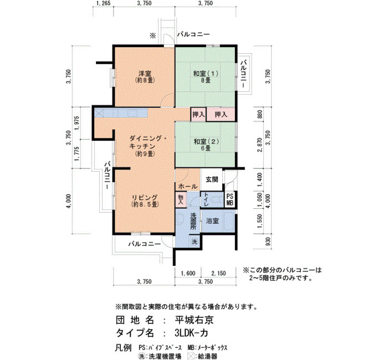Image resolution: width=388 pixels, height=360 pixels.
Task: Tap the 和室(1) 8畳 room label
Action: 206,76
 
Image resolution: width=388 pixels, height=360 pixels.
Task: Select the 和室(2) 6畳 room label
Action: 206,145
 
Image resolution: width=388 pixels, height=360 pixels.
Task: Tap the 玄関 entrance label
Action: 212,179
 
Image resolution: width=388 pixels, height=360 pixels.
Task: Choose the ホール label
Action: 187,187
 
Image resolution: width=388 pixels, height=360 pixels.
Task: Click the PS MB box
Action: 229,200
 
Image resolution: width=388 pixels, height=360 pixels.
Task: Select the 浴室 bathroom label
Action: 212,221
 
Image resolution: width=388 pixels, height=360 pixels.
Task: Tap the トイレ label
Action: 206,200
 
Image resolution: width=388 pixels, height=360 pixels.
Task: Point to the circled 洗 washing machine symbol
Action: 195,241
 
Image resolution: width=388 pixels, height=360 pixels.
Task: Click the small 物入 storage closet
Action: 181,199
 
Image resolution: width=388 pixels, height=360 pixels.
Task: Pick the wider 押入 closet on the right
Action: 221,115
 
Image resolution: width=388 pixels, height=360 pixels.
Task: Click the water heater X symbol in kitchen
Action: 99,114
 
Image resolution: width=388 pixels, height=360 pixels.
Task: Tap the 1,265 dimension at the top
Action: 103,3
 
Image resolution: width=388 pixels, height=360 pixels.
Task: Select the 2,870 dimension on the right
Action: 259,145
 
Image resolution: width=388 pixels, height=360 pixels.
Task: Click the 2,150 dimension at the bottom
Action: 218,273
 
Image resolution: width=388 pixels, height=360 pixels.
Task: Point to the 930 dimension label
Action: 268,241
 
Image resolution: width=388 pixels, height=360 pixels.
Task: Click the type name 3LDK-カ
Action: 191,333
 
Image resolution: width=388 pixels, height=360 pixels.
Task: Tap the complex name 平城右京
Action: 194,320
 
